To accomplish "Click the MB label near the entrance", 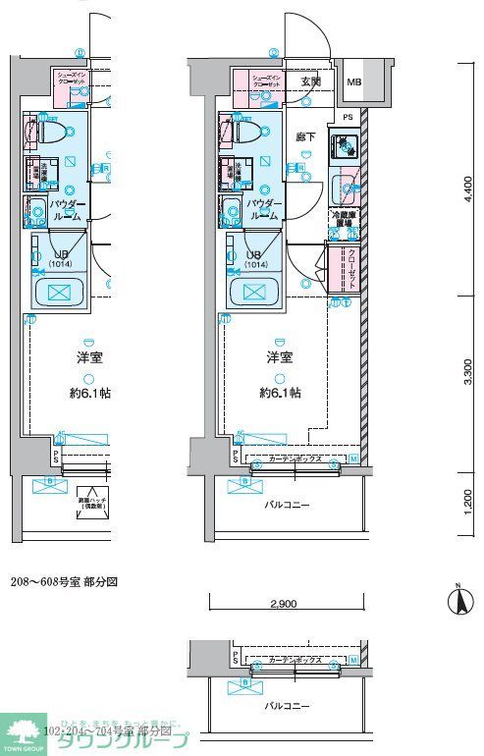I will coord(353,81).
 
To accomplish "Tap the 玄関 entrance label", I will coord(311,81).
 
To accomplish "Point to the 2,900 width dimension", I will coord(285,604).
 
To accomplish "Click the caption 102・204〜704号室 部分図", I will coord(108,731).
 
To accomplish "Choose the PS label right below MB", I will coord(347,117).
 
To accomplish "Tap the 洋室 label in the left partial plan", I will coord(90,358).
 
